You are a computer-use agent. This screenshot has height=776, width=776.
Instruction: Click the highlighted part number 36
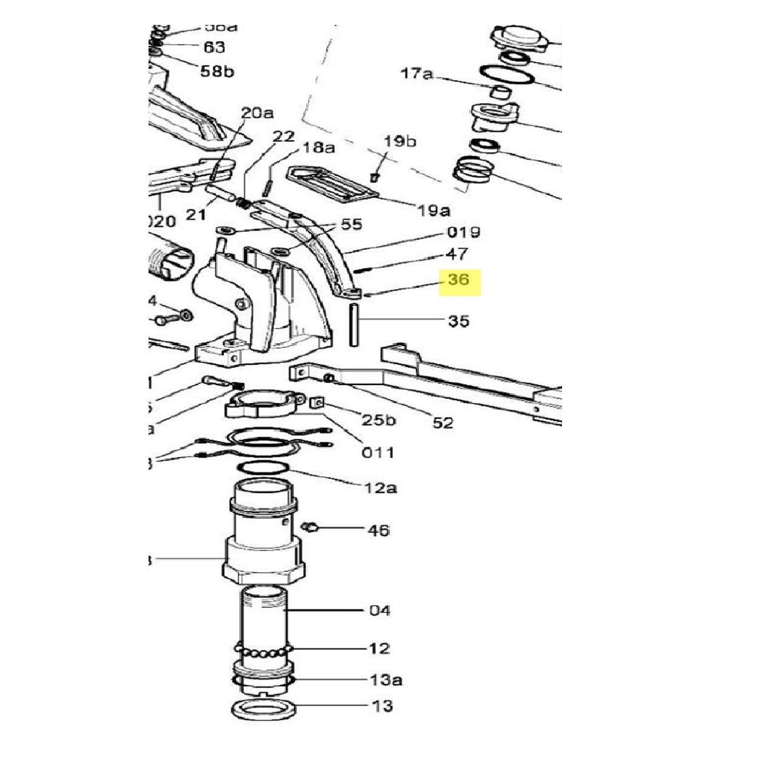click(x=459, y=280)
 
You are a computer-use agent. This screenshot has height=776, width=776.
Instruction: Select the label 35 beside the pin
click(x=458, y=321)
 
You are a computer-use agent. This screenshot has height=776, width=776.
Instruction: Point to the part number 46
click(x=379, y=530)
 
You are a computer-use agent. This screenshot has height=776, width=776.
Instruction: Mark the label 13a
click(x=386, y=680)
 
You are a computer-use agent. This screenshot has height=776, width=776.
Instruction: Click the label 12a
click(x=381, y=487)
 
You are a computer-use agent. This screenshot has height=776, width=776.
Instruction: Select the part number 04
click(x=380, y=610)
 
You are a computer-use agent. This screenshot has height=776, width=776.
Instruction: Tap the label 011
click(x=378, y=452)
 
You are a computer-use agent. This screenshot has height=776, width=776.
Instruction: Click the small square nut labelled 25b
click(x=316, y=403)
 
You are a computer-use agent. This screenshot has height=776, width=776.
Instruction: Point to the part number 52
click(x=443, y=423)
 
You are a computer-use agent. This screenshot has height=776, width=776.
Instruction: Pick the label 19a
click(x=434, y=210)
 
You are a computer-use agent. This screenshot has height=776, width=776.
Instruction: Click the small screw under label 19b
click(x=374, y=176)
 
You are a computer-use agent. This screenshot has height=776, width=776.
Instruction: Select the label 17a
click(x=417, y=74)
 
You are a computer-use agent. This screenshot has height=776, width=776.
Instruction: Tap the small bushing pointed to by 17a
click(x=501, y=93)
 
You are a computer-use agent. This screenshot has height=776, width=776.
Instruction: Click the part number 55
click(x=352, y=224)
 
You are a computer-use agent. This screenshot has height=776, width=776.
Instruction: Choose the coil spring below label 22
click(x=242, y=204)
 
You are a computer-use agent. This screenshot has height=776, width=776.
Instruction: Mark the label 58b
click(x=217, y=72)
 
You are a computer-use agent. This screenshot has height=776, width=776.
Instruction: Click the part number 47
click(x=457, y=254)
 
